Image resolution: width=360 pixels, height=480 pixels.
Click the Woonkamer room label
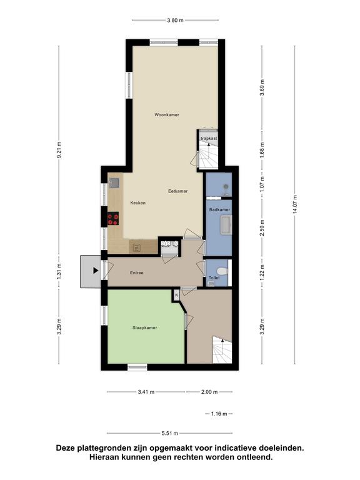click(x=167, y=115)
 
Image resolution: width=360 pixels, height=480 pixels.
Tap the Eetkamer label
click(x=178, y=191)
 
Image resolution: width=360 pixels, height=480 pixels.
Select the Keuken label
click(x=137, y=202)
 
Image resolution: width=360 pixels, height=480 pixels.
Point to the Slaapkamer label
click(x=145, y=327)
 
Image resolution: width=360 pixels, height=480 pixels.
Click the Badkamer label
click(x=219, y=210)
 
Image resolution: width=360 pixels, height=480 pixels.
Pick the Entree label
click(x=136, y=272)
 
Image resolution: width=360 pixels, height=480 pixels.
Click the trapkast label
click(x=209, y=138)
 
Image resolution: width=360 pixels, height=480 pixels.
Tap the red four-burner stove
click(x=113, y=219)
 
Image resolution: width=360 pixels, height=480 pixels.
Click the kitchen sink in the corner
click(x=114, y=182)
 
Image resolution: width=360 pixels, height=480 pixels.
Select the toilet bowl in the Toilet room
click(x=222, y=271)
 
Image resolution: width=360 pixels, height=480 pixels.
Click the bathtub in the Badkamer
click(x=226, y=226)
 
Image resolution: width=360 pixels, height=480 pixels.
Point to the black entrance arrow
click(x=96, y=271)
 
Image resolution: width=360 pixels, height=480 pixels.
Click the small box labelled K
click(x=177, y=296)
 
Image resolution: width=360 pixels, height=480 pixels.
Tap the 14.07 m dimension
click(x=295, y=204)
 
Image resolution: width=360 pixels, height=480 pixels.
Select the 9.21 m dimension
click(x=59, y=150)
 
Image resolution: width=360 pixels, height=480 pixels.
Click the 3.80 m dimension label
click(x=176, y=21)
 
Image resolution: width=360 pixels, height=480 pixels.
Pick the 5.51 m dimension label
click(x=170, y=433)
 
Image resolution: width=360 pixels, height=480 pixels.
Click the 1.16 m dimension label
click(x=219, y=414)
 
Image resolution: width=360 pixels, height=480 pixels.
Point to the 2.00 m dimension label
click(x=209, y=391)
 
